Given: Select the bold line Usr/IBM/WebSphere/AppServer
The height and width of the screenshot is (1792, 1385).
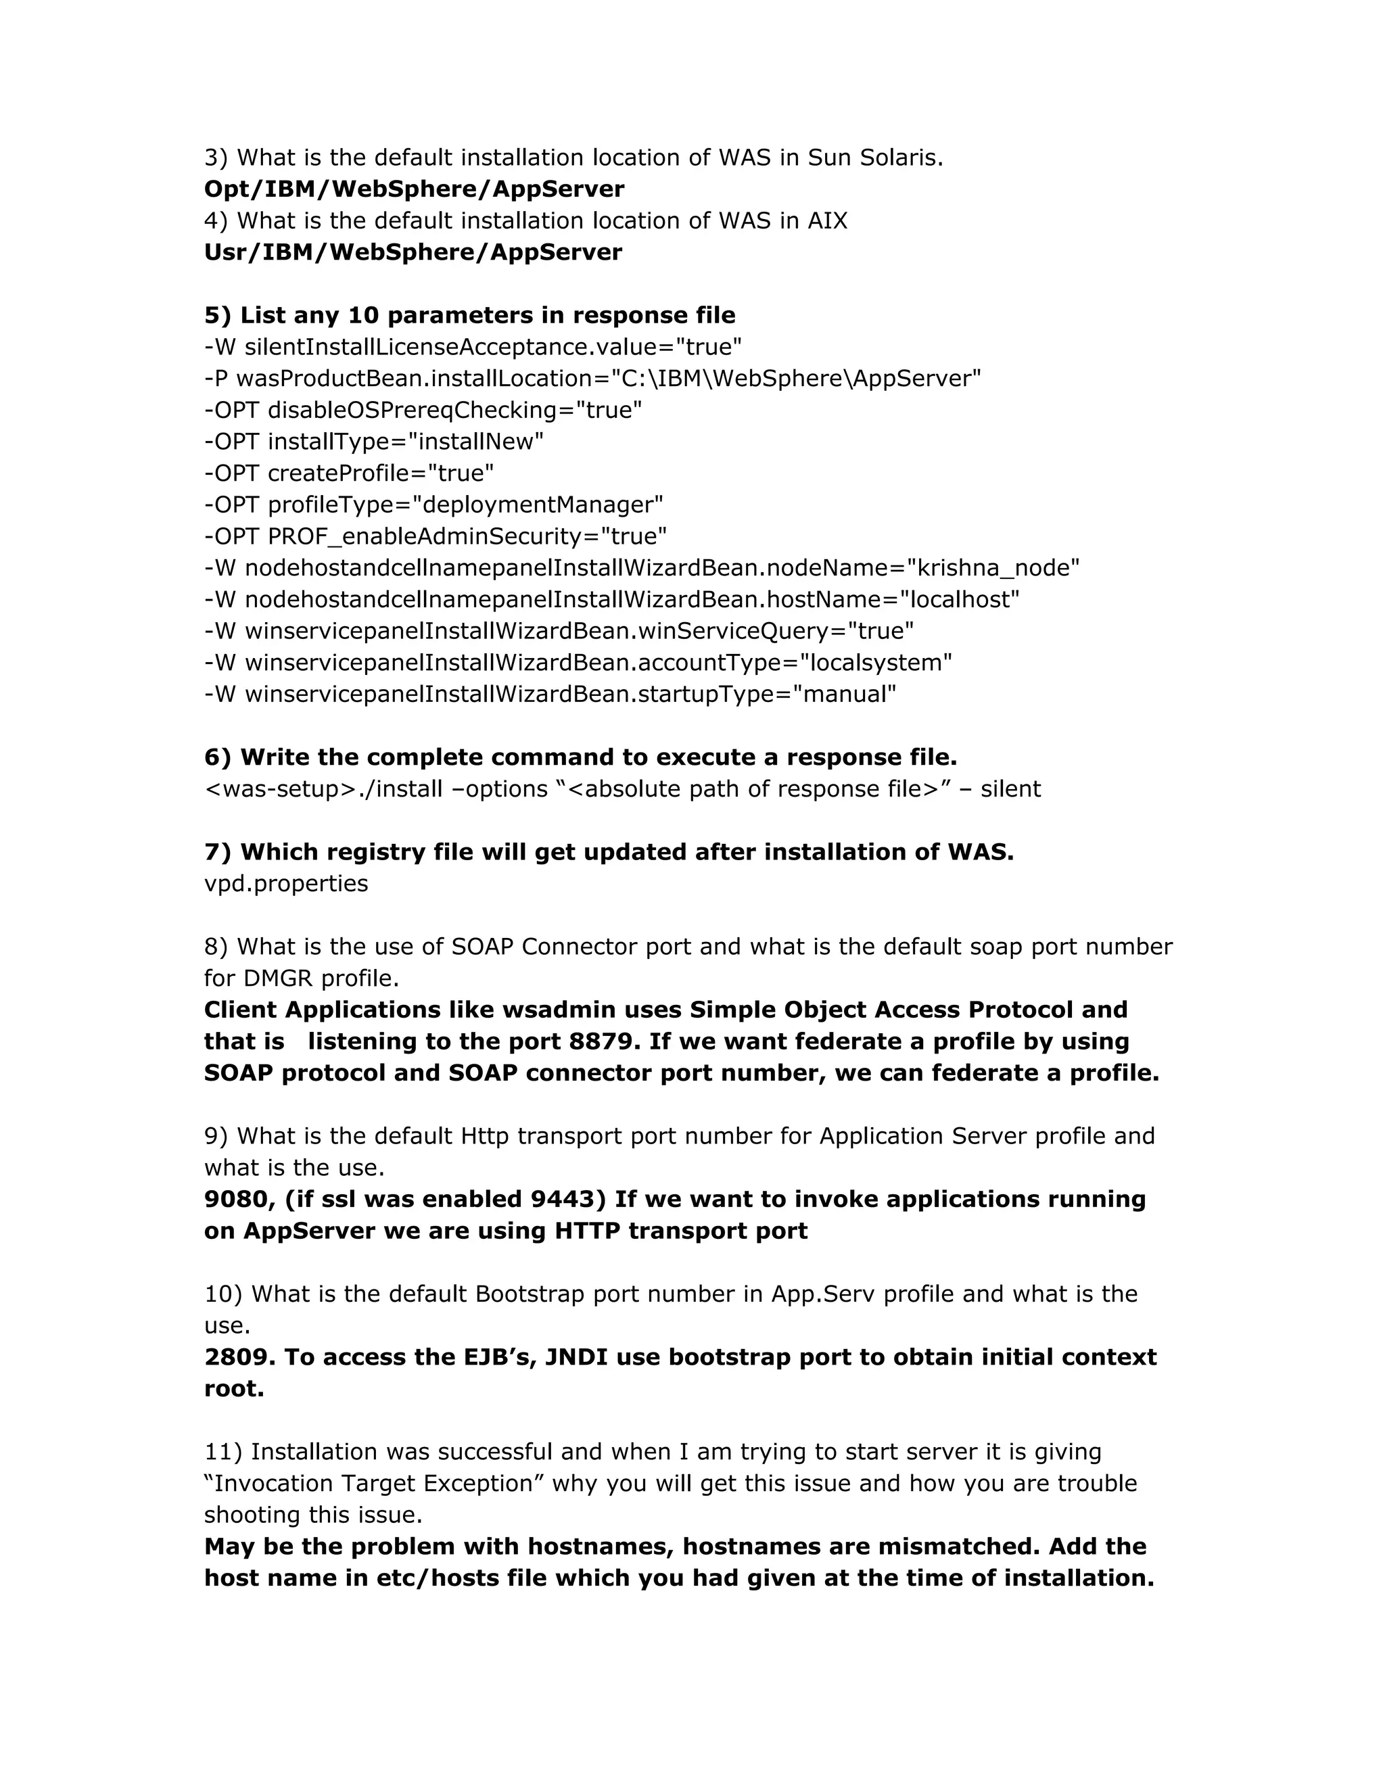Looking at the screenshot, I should (413, 253).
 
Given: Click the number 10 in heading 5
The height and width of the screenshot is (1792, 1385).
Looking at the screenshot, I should (362, 316).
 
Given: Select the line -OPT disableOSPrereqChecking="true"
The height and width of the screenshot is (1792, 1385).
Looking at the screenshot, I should (423, 410).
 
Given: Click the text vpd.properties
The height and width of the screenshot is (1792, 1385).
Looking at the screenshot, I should (285, 884).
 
